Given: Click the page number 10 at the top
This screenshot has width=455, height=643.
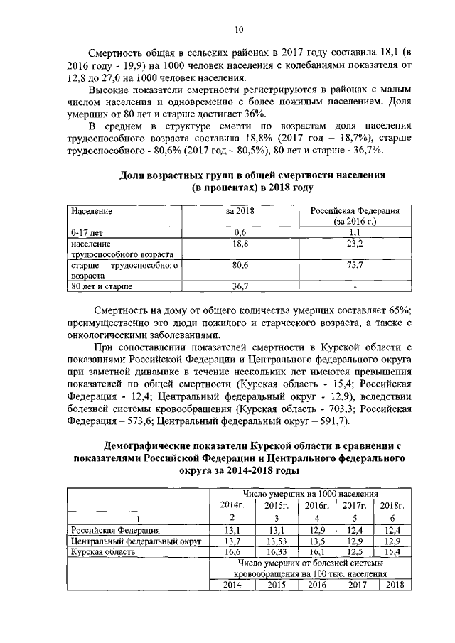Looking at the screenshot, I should [239, 29].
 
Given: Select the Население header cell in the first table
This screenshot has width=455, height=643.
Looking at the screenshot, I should [92, 212].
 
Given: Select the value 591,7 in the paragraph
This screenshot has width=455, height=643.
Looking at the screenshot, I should [330, 421].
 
